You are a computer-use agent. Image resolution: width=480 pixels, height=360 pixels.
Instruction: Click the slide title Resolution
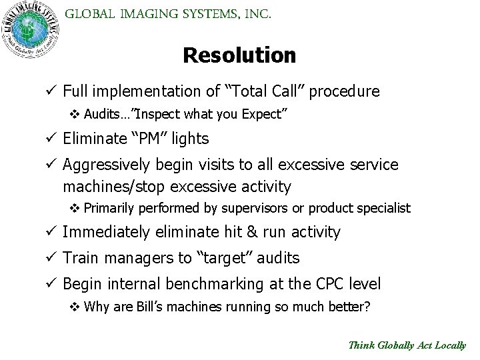coord(239,55)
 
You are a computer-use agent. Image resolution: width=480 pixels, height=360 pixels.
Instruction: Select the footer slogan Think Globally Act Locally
coord(407,345)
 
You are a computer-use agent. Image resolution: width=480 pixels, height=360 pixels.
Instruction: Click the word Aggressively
coord(109,164)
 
